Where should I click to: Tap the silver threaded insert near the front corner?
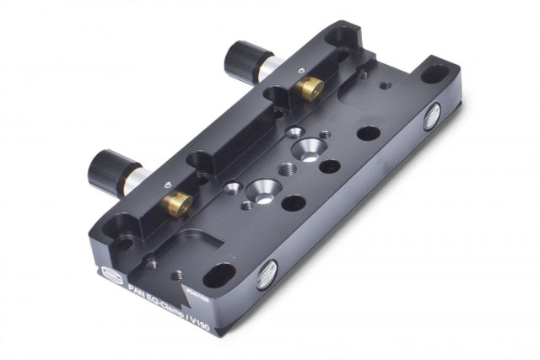(x=267, y=273)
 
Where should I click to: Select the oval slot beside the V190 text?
(x=219, y=275)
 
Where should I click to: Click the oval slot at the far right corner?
(x=434, y=74)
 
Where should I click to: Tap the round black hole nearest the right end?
(x=368, y=133)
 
